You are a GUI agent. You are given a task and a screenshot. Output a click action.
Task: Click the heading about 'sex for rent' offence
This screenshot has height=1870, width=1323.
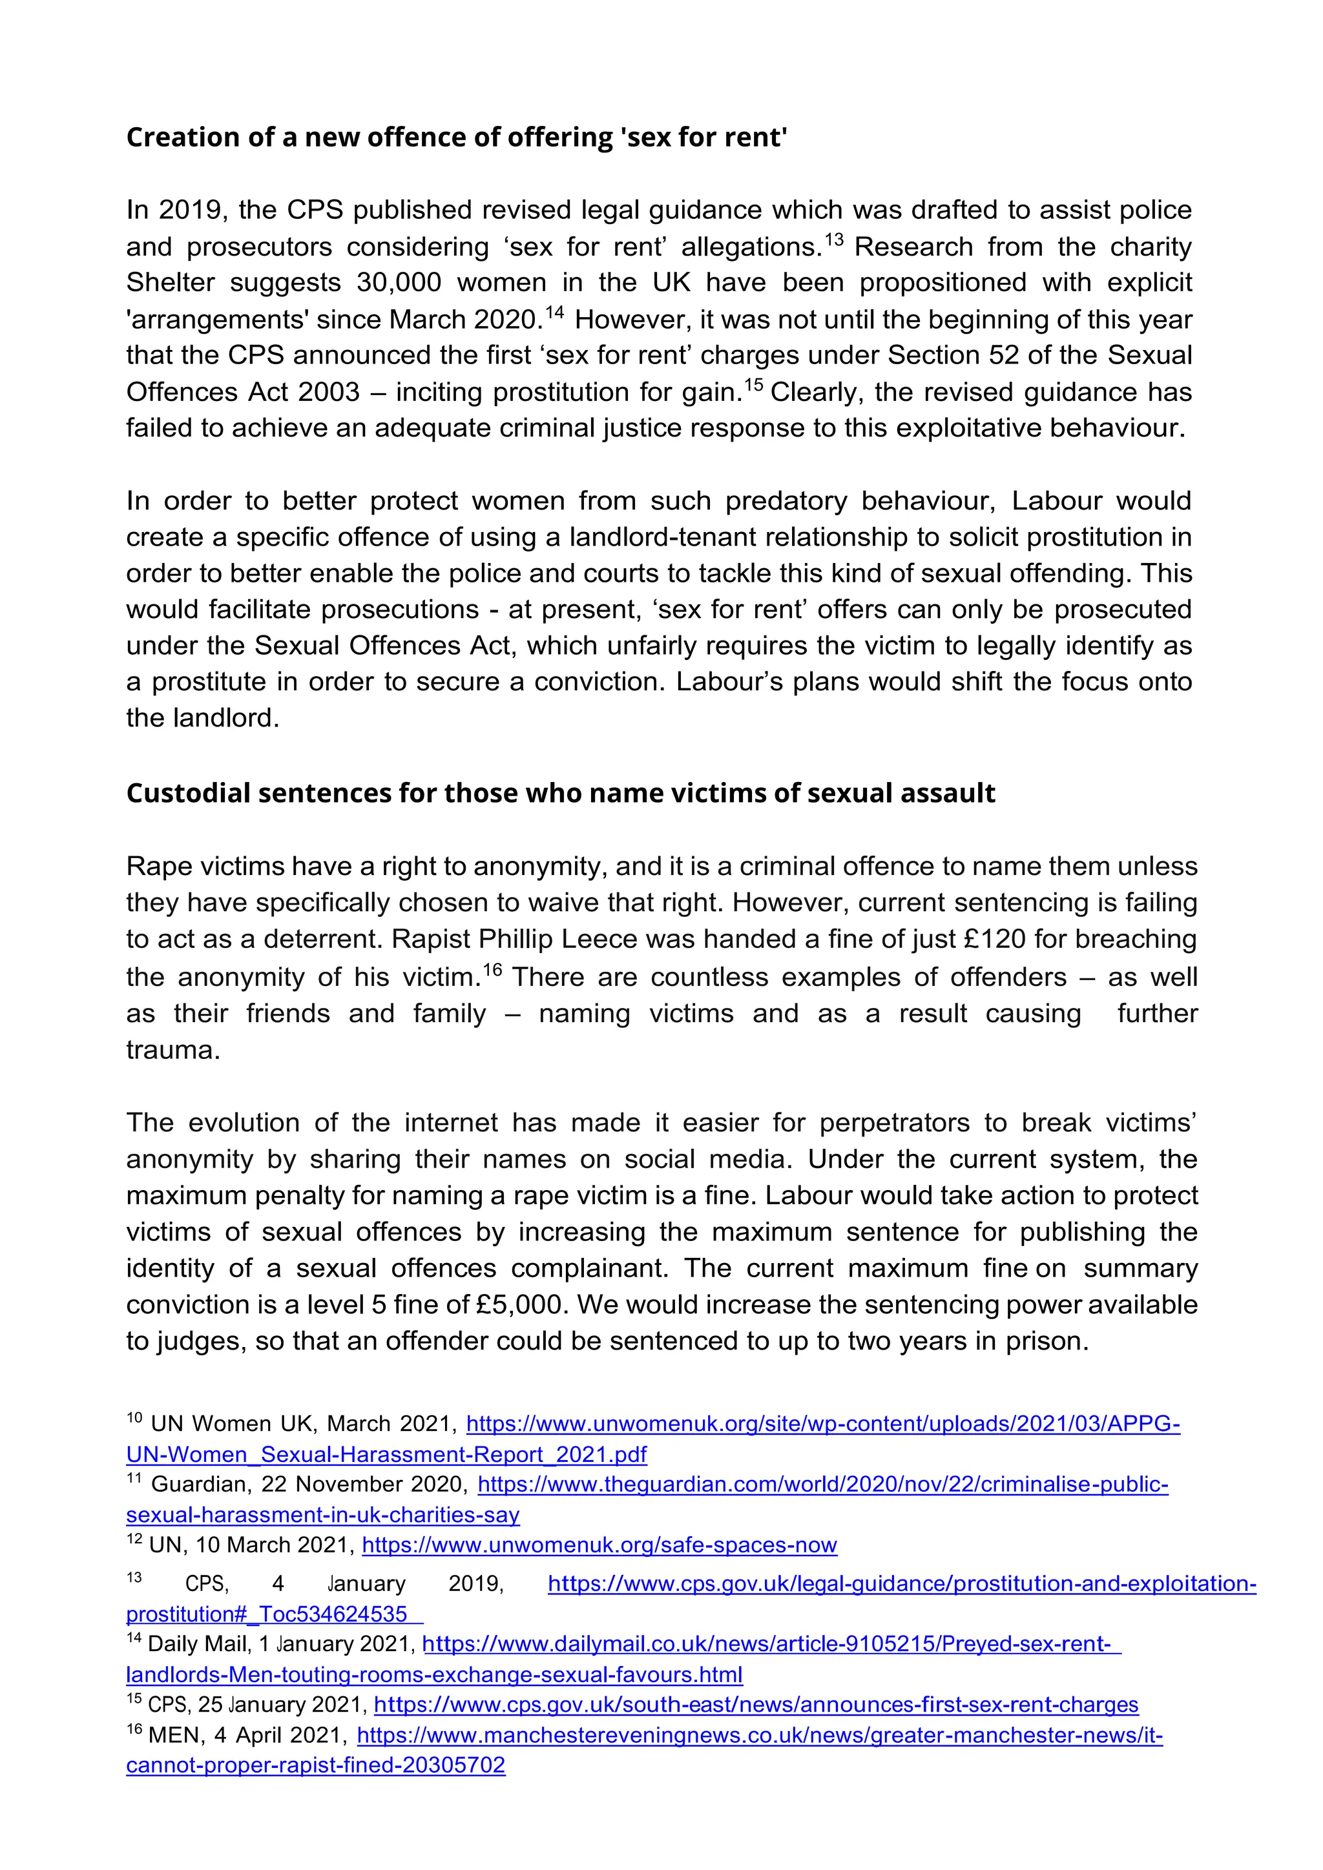click(x=456, y=137)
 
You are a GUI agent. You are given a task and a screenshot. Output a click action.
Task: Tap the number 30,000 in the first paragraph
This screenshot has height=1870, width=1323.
click(x=399, y=283)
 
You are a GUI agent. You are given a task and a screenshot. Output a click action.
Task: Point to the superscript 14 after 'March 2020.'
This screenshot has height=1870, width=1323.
click(x=554, y=312)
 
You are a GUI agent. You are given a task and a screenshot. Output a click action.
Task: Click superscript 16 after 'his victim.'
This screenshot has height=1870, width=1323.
click(x=493, y=969)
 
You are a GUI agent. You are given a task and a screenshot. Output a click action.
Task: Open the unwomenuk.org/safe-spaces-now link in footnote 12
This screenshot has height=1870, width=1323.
click(x=599, y=1545)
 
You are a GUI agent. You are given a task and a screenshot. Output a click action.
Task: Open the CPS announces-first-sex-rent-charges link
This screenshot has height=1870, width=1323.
click(x=755, y=1705)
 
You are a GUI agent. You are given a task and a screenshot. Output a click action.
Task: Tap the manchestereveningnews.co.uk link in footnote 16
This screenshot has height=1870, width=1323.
click(x=759, y=1736)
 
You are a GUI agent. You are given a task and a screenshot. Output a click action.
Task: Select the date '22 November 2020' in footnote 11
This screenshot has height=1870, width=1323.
click(x=364, y=1485)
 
